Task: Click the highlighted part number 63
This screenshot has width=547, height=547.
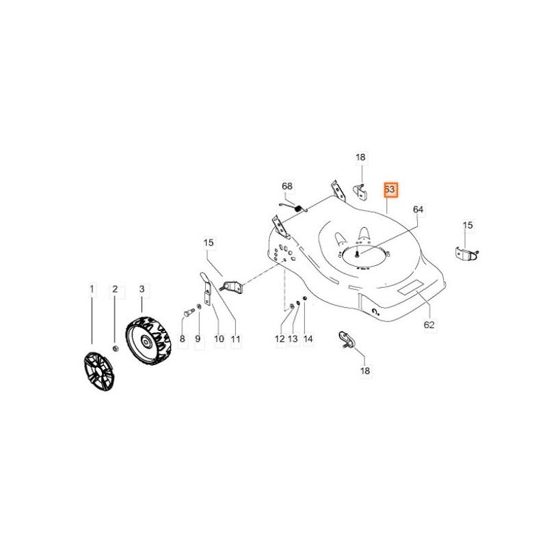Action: [390, 189]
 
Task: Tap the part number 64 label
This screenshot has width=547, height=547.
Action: [418, 209]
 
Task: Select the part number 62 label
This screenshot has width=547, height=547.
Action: [429, 325]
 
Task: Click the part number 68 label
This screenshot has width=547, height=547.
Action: [287, 186]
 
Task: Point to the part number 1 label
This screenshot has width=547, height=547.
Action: [92, 289]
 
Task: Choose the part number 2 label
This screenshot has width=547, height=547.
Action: [115, 289]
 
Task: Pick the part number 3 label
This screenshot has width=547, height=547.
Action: [142, 289]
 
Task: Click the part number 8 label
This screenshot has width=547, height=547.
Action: [182, 338]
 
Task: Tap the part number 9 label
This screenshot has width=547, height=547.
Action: [198, 338]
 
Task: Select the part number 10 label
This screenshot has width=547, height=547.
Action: [219, 338]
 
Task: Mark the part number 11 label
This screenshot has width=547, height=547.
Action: [235, 338]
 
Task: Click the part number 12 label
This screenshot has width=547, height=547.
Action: [280, 338]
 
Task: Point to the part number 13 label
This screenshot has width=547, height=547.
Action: [293, 338]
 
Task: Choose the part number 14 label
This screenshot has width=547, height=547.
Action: [308, 338]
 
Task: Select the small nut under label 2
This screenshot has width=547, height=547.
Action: [116, 349]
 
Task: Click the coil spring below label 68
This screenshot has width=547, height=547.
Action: [297, 209]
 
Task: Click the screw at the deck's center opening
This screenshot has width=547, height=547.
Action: [357, 254]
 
